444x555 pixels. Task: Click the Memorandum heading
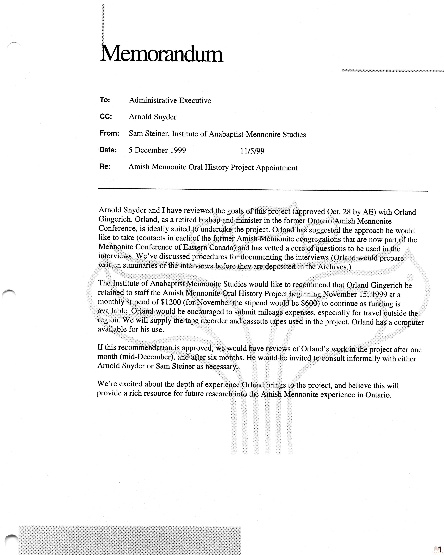click(x=162, y=54)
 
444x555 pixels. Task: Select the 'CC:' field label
click(x=106, y=117)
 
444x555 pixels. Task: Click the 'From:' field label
click(x=109, y=133)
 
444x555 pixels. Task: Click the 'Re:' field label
click(x=105, y=167)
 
